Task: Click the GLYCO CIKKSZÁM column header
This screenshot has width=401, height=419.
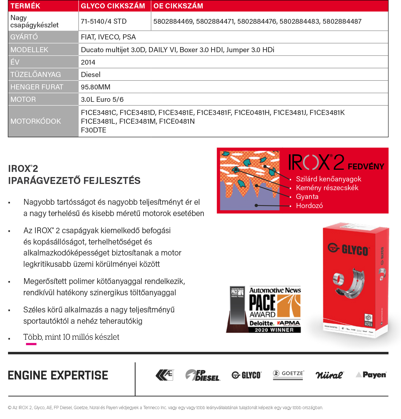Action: click(113, 6)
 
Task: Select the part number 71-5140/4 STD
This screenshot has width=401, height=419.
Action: click(104, 22)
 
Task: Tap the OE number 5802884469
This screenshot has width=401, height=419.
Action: click(173, 22)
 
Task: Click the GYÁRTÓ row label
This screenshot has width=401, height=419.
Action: click(24, 37)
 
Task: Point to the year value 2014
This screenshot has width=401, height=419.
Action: click(88, 62)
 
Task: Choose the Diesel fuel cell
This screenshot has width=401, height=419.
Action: click(91, 74)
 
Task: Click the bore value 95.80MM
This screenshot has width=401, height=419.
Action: click(96, 87)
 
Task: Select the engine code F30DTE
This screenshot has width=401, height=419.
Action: click(93, 130)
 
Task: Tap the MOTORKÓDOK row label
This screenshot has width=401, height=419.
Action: click(36, 121)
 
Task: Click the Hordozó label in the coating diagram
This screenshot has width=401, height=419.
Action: click(309, 205)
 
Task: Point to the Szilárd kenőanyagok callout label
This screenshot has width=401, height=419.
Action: click(328, 179)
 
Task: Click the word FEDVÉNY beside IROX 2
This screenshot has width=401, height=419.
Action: click(366, 167)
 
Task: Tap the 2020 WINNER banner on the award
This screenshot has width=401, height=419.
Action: click(274, 330)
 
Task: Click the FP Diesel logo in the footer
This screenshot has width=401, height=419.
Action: click(203, 375)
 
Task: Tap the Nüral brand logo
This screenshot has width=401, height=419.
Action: click(329, 375)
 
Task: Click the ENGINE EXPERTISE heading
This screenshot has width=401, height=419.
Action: click(58, 375)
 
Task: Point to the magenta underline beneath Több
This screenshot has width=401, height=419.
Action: click(31, 344)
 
